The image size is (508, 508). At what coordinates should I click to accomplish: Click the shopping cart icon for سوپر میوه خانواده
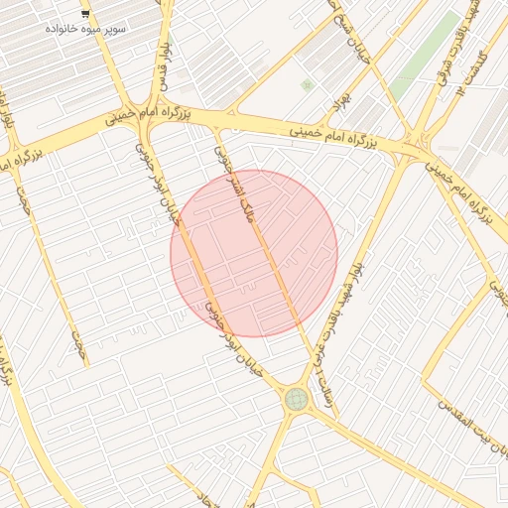85,15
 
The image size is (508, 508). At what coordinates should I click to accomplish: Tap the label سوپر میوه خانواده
85,29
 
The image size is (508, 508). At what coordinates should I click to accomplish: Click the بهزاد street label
342,99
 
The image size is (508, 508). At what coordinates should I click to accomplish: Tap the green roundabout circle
296,399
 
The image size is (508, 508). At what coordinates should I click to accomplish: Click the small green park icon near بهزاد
307,85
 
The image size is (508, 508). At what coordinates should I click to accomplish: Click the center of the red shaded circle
254,253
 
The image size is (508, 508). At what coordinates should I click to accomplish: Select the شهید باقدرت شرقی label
447,25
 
